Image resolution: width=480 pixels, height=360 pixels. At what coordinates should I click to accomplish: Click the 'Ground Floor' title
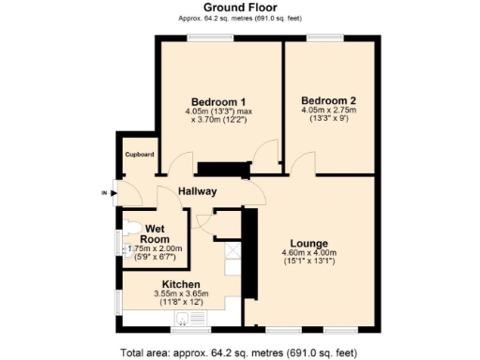click(x=239, y=7)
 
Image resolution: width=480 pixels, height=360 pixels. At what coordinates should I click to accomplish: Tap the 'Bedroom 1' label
click(x=218, y=102)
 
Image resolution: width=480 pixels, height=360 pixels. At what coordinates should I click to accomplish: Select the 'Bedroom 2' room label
click(x=328, y=100)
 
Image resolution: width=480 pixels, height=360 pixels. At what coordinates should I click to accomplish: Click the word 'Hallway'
click(x=198, y=191)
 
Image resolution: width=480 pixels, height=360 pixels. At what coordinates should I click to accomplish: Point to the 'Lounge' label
click(x=308, y=241)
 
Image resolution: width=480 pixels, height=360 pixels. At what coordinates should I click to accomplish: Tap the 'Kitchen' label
click(x=182, y=284)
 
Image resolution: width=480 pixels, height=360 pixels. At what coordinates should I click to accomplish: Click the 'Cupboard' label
click(x=141, y=154)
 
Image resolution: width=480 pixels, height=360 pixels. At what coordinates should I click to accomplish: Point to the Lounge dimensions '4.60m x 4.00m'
click(x=308, y=252)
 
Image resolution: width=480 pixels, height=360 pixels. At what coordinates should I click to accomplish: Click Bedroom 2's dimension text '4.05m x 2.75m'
click(x=328, y=111)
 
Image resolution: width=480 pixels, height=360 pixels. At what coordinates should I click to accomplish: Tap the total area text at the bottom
click(x=240, y=352)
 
